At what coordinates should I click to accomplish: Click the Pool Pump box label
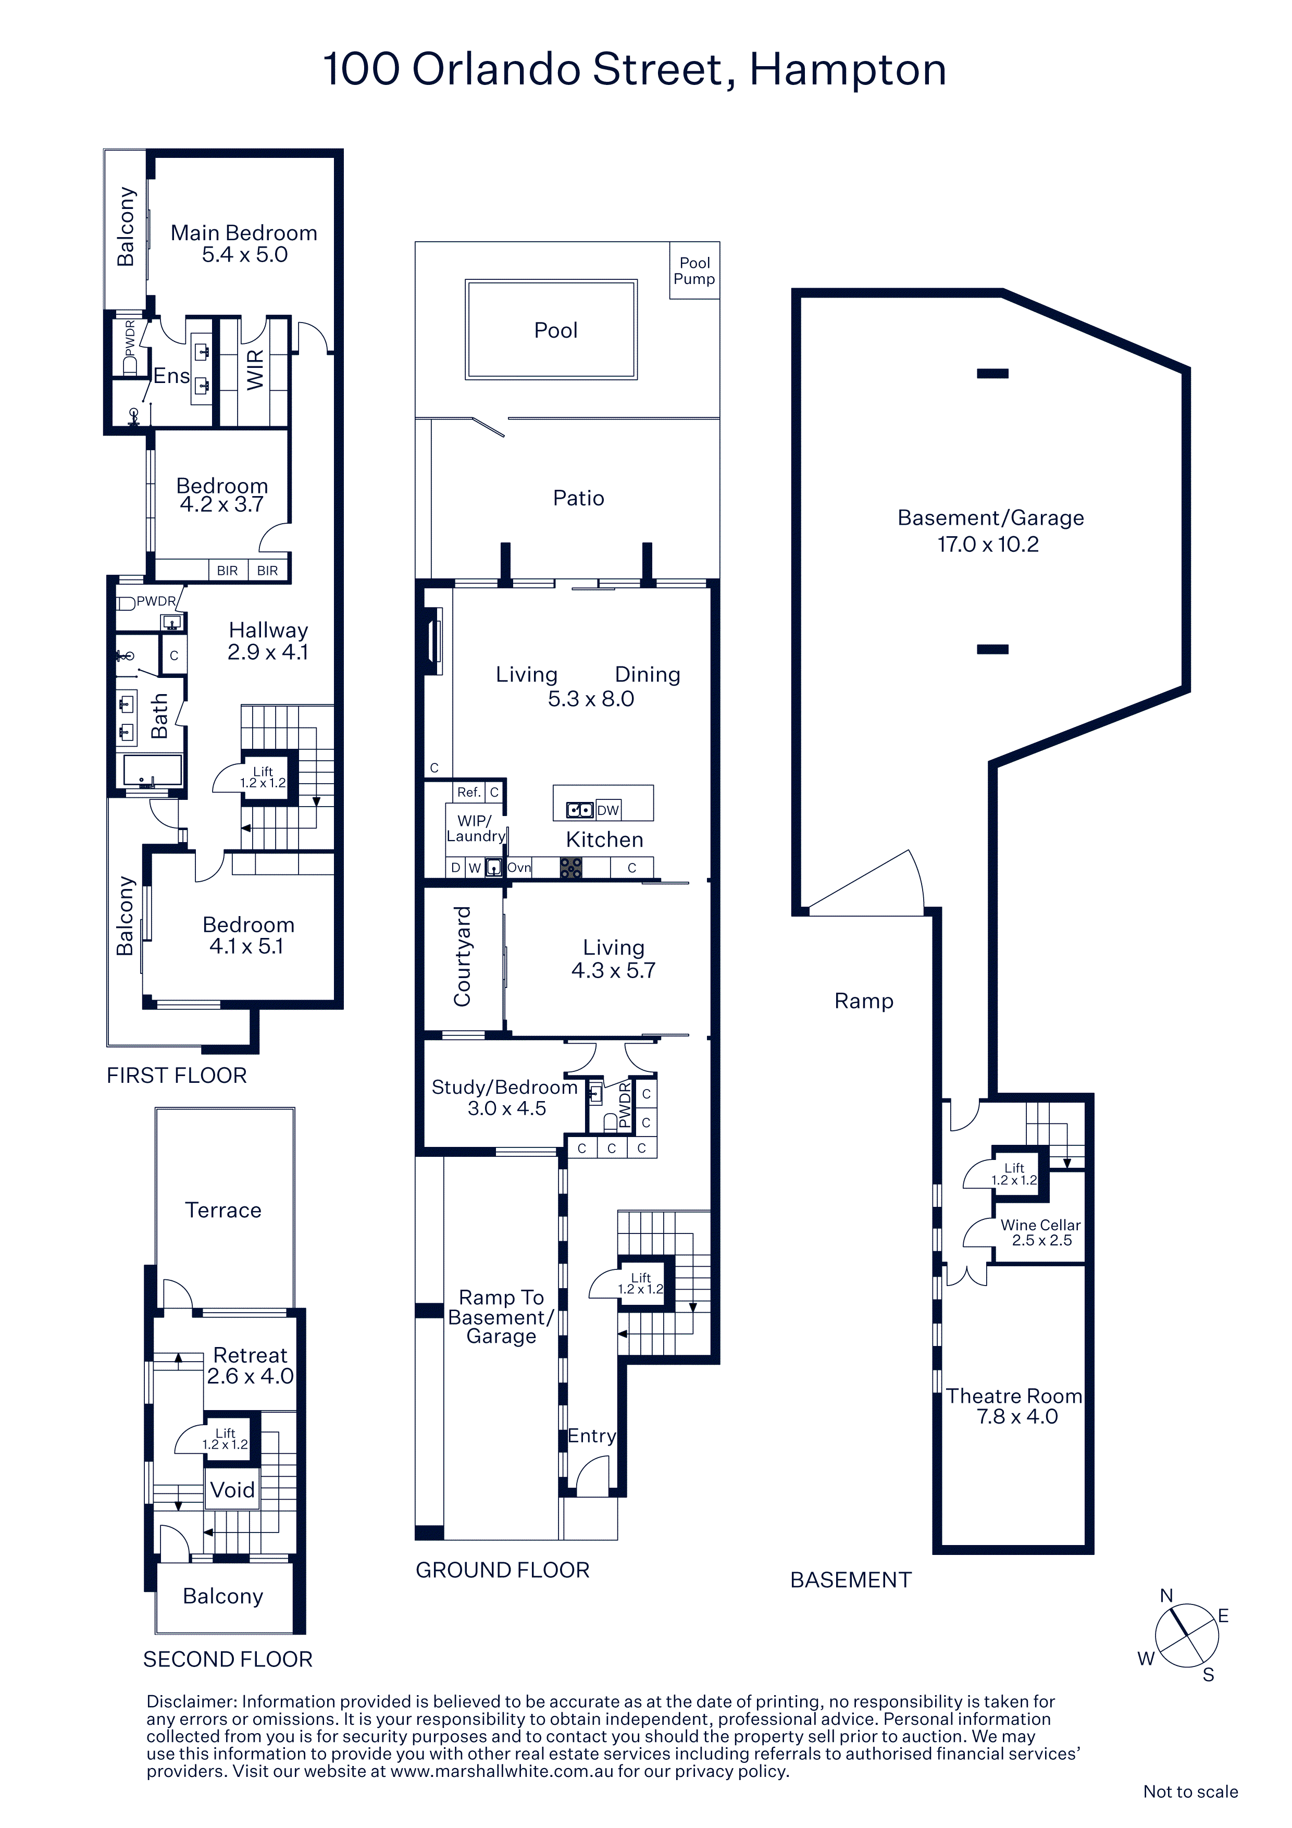tap(694, 270)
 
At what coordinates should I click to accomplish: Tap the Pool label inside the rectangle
tap(556, 330)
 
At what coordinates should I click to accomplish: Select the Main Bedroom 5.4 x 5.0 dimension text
tap(244, 255)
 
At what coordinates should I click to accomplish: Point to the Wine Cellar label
tap(1040, 1225)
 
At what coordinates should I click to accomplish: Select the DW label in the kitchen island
tap(607, 810)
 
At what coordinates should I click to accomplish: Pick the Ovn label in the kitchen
tap(519, 868)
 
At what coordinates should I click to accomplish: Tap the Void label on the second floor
tap(232, 1490)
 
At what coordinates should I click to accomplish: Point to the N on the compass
tap(1166, 1596)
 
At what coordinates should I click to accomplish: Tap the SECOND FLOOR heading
tap(228, 1659)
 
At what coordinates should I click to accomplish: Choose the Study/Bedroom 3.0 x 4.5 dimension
tap(506, 1109)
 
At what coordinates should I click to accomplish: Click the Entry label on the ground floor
tap(591, 1436)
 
